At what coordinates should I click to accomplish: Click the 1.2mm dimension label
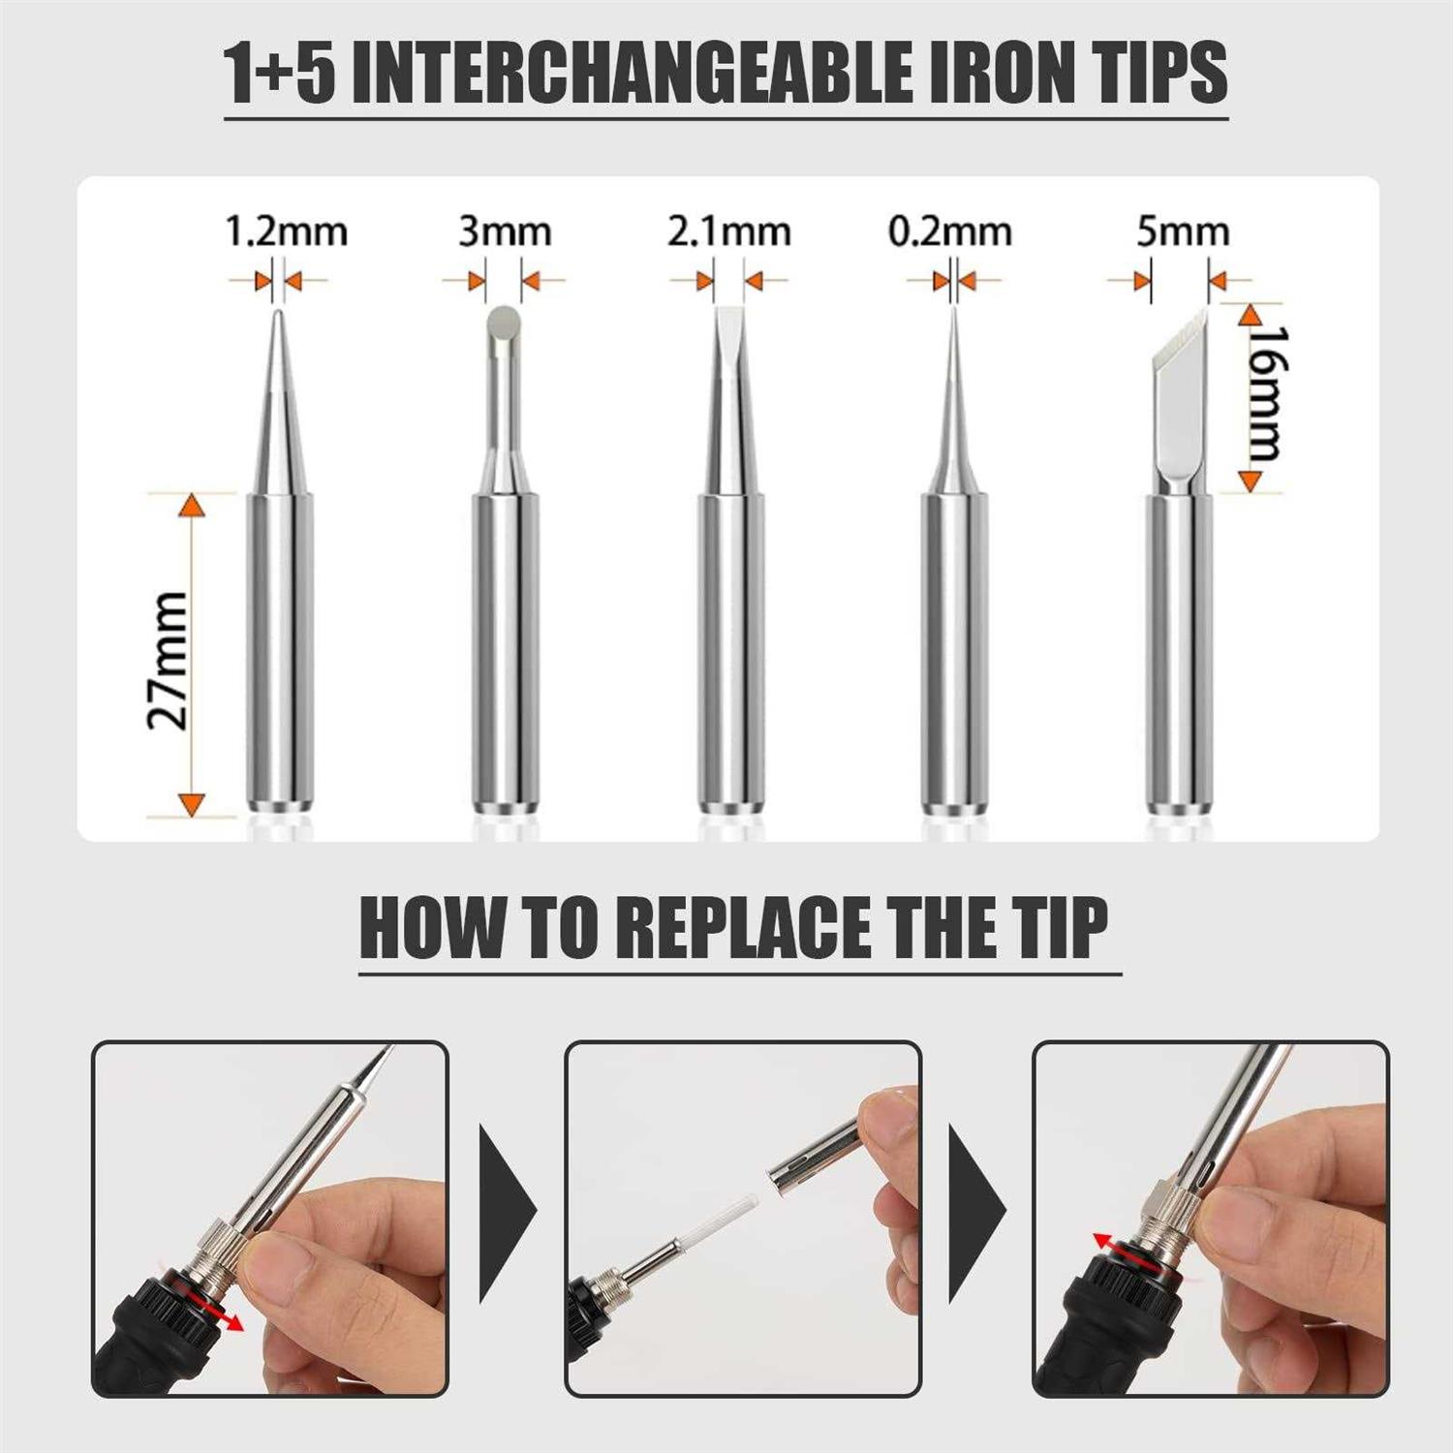[x=286, y=233]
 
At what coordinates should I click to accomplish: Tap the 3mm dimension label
[x=504, y=233]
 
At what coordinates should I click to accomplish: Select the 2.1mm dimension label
[x=728, y=233]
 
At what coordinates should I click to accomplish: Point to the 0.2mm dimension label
[x=949, y=233]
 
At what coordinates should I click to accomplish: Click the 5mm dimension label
[x=1182, y=233]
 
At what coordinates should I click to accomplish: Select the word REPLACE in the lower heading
[x=746, y=928]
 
